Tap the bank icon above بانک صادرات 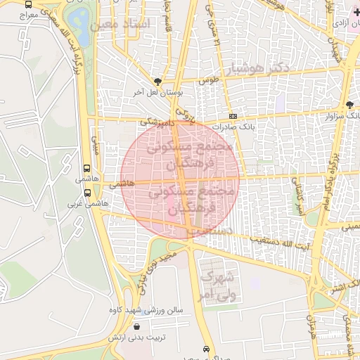(233, 117)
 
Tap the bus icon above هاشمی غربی (87, 192)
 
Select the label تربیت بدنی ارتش (136, 337)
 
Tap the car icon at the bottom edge (205, 349)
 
